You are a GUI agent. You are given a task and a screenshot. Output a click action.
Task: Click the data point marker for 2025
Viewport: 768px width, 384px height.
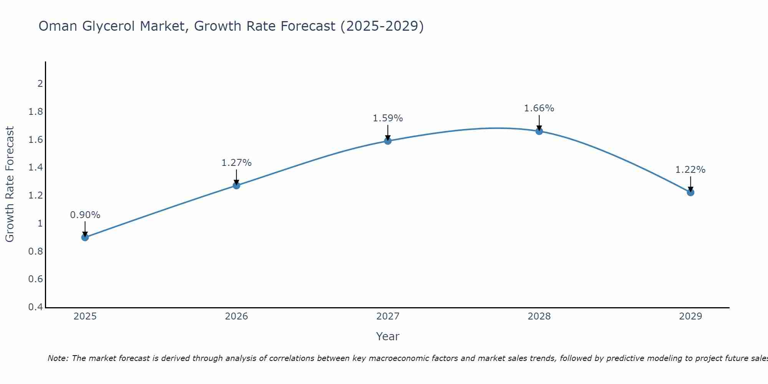pos(85,237)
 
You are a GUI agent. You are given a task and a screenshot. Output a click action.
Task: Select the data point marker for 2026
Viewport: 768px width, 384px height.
pos(237,185)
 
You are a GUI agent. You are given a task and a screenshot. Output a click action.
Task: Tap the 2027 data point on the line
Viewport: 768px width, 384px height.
pos(388,141)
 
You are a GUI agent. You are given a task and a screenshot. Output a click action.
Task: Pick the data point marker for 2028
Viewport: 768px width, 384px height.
pos(539,131)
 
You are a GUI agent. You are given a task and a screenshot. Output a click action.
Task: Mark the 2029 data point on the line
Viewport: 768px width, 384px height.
pos(690,192)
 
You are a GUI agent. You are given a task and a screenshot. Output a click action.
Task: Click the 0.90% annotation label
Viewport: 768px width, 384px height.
pos(85,215)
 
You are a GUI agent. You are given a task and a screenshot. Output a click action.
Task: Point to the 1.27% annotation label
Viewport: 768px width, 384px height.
pos(237,163)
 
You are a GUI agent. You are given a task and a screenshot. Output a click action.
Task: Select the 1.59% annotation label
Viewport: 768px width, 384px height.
pos(388,118)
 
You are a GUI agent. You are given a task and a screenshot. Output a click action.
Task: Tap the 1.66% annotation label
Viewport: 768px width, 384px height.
pos(539,108)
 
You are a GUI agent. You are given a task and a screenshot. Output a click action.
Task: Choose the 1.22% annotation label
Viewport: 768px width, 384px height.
pos(690,170)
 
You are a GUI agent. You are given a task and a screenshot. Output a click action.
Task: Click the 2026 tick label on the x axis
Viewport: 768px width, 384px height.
pos(237,316)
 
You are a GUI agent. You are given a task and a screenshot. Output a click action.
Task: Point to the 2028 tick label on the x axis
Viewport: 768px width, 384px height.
pos(539,316)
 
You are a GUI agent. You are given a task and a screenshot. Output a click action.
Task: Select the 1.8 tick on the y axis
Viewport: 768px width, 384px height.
pos(36,112)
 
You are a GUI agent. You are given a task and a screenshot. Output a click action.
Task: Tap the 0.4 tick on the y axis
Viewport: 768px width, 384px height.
pos(36,307)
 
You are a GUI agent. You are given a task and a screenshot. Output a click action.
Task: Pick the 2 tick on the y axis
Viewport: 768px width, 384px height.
pos(40,83)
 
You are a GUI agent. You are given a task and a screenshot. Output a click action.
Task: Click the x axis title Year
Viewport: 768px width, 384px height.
pos(388,336)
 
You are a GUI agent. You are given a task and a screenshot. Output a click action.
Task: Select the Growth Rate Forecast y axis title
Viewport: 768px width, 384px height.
pos(10,184)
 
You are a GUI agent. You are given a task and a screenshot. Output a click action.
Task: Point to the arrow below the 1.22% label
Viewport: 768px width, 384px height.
pos(690,184)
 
